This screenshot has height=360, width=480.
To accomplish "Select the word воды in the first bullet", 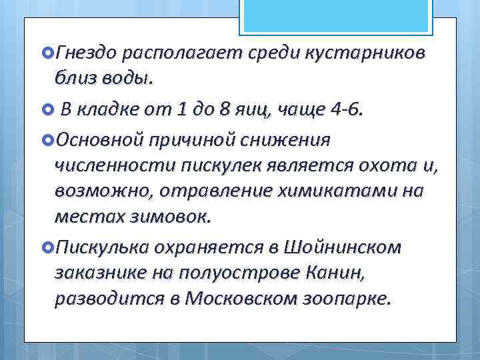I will tap(127, 79).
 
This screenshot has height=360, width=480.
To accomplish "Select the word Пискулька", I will tap(102, 247).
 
